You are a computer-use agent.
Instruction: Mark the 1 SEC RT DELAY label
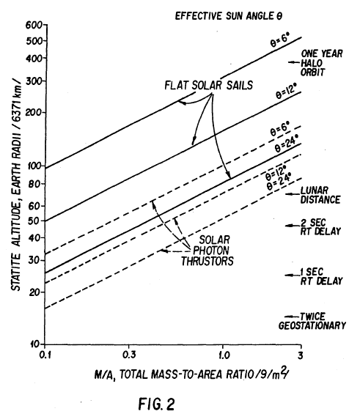(321, 275)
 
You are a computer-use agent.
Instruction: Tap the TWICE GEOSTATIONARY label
(321, 321)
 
